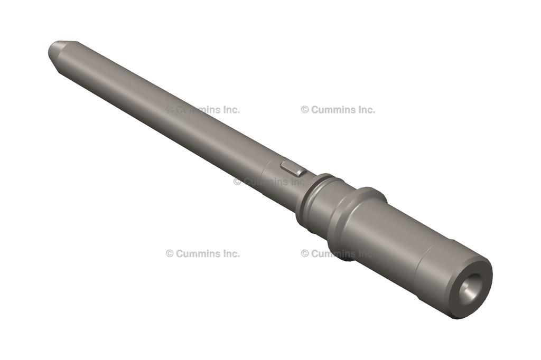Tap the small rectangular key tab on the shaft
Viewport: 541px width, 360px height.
293,168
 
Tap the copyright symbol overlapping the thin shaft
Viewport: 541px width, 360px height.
170,110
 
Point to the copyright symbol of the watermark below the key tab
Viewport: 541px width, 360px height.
237,182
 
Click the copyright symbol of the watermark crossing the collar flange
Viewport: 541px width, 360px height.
305,253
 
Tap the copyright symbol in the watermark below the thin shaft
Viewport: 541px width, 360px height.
170,253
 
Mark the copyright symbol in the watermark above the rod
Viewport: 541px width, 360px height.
305,110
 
